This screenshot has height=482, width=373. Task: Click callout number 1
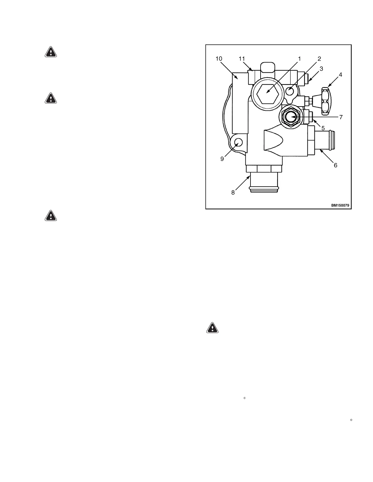tap(299, 59)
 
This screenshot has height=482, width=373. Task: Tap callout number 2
tap(319, 59)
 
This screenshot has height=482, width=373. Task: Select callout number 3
tap(321, 69)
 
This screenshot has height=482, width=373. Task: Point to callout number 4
tap(340, 75)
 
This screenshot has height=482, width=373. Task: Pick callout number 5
tap(323, 128)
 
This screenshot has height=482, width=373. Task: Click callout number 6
tap(336, 165)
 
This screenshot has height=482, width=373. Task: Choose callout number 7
tap(341, 117)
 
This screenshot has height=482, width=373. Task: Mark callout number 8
tap(233, 192)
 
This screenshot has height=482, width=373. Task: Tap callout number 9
tap(222, 159)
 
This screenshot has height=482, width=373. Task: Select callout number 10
tap(219, 59)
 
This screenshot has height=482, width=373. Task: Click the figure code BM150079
tap(340, 205)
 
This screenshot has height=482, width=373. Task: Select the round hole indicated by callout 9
tap(238, 142)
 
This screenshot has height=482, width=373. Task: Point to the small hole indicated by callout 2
tap(290, 90)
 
